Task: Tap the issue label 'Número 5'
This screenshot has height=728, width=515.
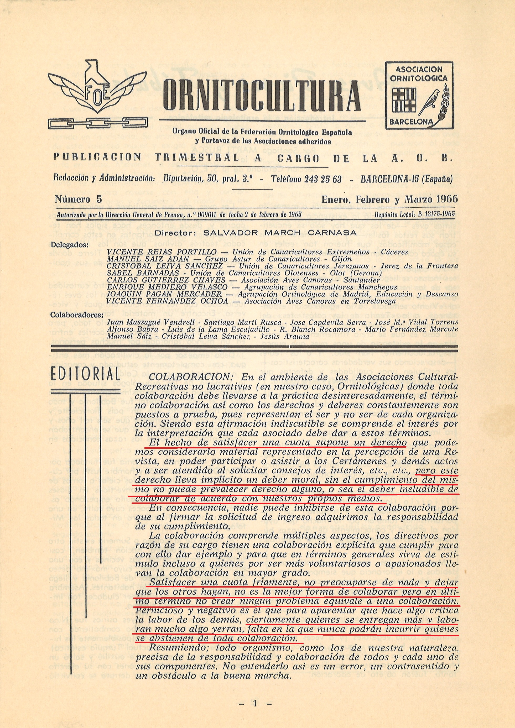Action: [78, 199]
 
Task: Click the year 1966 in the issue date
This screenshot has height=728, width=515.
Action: [447, 199]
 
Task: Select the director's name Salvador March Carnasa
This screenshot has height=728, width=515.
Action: [280, 232]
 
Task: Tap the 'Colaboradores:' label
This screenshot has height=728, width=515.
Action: [77, 315]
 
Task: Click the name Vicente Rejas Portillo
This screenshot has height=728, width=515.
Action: [162, 252]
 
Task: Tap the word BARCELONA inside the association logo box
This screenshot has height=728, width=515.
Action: [411, 122]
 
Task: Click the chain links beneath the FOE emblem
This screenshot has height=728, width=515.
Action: [97, 122]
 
